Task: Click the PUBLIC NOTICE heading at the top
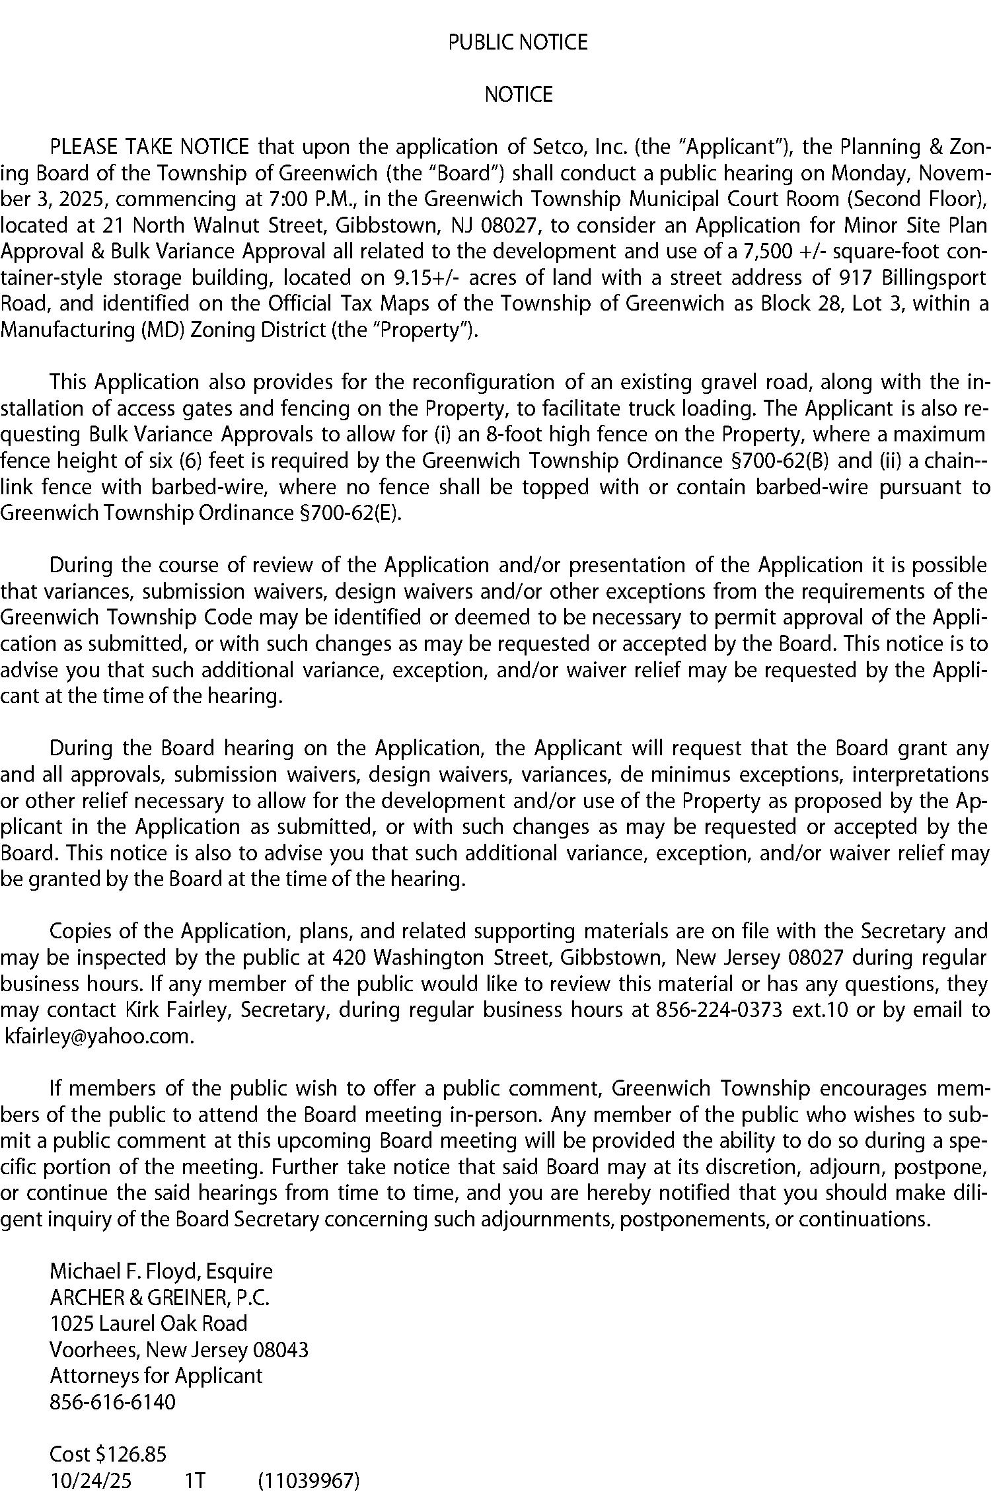[x=518, y=42]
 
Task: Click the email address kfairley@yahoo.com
[x=99, y=1036]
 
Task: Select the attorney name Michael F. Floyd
[x=125, y=1271]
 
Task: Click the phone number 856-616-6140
[x=113, y=1402]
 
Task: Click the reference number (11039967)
[x=309, y=1481]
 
